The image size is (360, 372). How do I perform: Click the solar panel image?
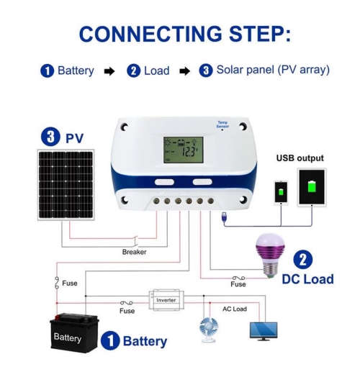(x=66, y=185)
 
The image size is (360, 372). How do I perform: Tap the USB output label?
(x=300, y=158)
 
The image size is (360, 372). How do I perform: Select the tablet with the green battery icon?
(x=312, y=186)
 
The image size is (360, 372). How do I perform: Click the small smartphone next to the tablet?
(x=280, y=192)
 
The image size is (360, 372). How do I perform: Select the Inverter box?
(x=166, y=299)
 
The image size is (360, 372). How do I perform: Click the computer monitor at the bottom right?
(x=264, y=330)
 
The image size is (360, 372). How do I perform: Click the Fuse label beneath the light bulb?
(x=238, y=284)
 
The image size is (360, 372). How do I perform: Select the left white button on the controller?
(x=164, y=183)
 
